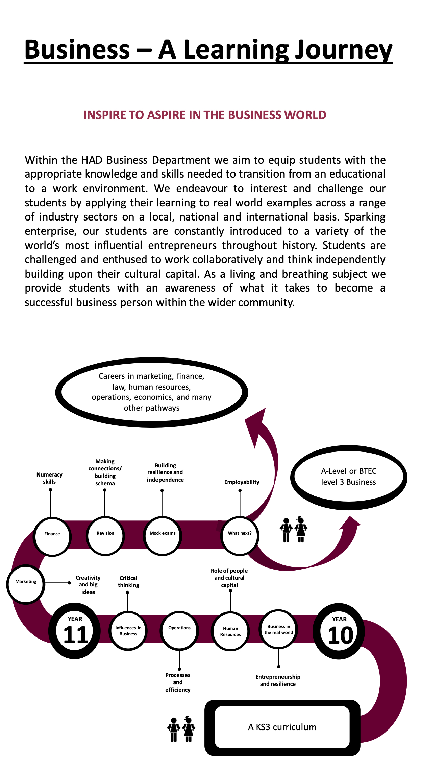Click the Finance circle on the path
(x=52, y=536)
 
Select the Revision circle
(x=105, y=536)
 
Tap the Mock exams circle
(x=163, y=536)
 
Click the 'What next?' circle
(x=240, y=536)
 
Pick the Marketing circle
(x=26, y=584)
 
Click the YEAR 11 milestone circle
(x=75, y=631)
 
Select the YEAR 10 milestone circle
(x=339, y=631)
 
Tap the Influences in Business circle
(x=128, y=631)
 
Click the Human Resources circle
(x=230, y=631)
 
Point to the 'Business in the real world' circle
(x=278, y=629)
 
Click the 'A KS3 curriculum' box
(x=282, y=727)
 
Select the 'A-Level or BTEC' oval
(x=349, y=477)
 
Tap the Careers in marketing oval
(x=152, y=392)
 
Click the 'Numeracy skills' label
(x=49, y=478)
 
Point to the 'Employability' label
(x=242, y=482)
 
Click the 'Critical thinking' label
(x=128, y=581)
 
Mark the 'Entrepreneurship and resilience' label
(x=278, y=680)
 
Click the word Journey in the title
(x=344, y=50)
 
